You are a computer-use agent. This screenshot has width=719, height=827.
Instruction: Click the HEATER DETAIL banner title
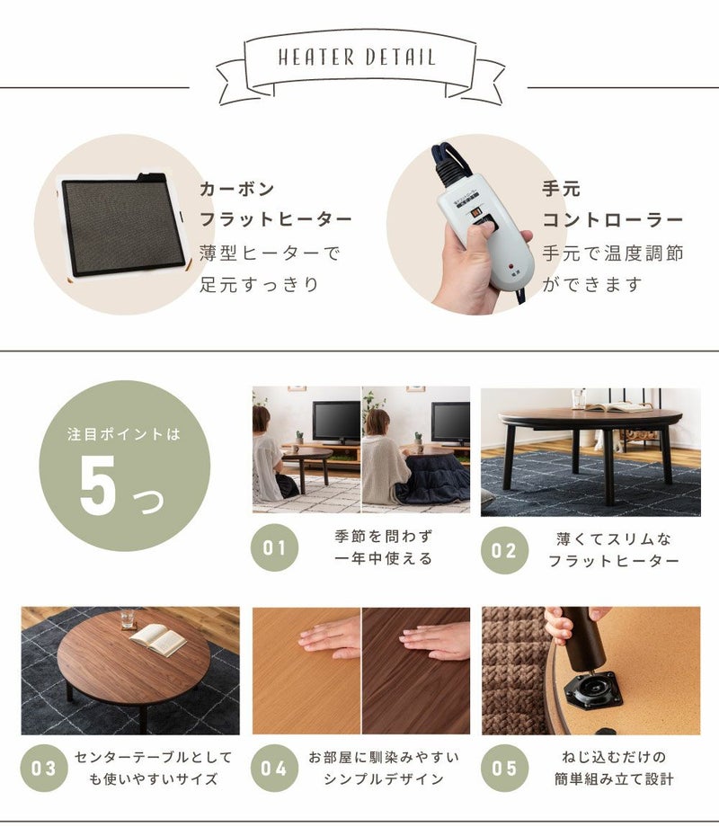[x=357, y=57]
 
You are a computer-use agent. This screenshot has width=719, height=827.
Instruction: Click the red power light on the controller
[x=510, y=266]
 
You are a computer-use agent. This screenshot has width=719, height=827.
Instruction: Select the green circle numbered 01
[x=274, y=547]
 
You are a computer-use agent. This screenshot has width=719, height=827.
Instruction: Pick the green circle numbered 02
[x=504, y=550]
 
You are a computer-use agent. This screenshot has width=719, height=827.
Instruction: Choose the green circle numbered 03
[x=44, y=768]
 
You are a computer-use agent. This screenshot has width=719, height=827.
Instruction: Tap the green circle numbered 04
[x=274, y=768]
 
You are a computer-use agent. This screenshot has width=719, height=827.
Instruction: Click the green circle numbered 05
[x=504, y=768]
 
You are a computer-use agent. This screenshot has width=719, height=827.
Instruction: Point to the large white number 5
[x=98, y=485]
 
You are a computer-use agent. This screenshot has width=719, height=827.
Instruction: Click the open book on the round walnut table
[x=157, y=639]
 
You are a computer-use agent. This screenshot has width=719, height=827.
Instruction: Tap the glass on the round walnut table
[x=127, y=619]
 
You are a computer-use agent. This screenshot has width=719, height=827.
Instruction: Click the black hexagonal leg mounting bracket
[x=593, y=689]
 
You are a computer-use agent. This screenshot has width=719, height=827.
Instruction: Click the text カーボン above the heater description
[x=237, y=189]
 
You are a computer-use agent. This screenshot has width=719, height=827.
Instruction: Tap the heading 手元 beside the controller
[x=562, y=188]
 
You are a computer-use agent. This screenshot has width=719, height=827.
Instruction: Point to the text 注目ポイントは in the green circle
[x=124, y=434]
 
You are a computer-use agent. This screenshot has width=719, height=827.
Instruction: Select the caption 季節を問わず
[x=384, y=537]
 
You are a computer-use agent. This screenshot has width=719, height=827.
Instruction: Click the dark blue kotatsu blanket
[x=432, y=480]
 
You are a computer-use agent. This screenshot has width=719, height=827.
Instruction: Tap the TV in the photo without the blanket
[x=336, y=423]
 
